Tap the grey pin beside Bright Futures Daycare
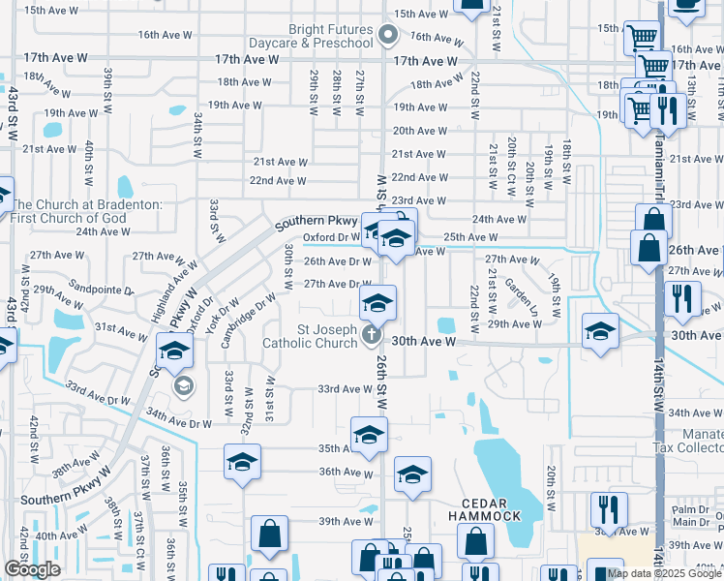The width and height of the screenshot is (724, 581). point(389,36)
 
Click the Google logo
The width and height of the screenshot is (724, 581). point(32,569)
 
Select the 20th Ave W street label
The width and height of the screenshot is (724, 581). point(418,131)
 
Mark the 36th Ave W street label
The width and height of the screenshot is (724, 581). point(346,473)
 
